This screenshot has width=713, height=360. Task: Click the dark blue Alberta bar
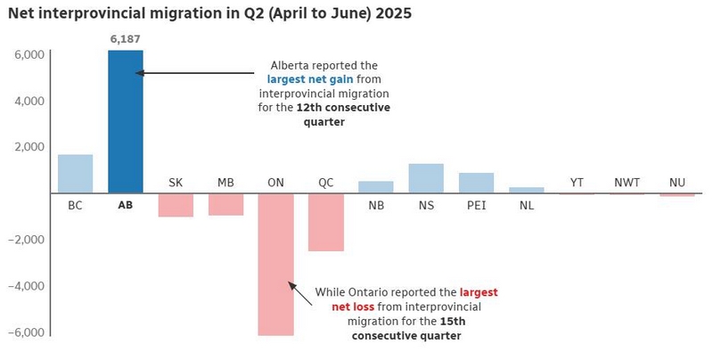(126, 121)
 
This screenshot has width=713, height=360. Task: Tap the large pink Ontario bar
(275, 264)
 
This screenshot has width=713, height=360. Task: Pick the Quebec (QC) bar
(326, 222)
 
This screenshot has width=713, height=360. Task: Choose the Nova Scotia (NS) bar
(426, 178)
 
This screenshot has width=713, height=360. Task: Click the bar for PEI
(476, 183)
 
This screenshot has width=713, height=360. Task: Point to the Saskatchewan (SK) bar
(176, 205)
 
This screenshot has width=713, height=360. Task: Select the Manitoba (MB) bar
(225, 204)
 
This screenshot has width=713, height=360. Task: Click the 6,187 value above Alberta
(126, 38)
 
